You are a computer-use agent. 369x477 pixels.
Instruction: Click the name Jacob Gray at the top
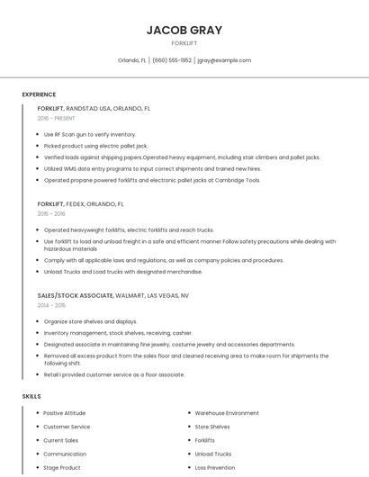click(x=184, y=30)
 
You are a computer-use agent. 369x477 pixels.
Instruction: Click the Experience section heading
click(x=39, y=94)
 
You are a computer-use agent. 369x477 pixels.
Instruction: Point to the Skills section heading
click(x=31, y=396)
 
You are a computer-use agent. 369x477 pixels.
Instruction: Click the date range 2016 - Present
click(x=57, y=118)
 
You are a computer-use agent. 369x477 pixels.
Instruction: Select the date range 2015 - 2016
click(x=51, y=213)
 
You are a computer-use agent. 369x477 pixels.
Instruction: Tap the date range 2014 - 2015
click(x=51, y=305)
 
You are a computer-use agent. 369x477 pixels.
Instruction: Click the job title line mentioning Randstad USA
click(x=94, y=108)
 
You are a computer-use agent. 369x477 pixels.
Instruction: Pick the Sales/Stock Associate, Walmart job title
click(x=113, y=295)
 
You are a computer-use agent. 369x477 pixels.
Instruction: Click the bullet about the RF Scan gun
click(x=90, y=134)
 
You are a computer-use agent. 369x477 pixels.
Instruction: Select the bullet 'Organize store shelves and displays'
click(x=90, y=321)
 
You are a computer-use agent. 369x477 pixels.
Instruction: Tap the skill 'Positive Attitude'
click(x=65, y=413)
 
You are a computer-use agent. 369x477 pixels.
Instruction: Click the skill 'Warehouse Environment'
click(x=227, y=413)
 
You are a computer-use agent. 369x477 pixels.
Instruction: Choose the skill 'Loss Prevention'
click(x=215, y=468)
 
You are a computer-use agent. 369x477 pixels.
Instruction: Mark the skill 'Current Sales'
click(x=61, y=440)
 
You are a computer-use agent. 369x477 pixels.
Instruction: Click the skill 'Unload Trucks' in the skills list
click(x=213, y=454)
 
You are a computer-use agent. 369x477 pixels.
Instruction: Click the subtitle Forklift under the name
click(x=184, y=42)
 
